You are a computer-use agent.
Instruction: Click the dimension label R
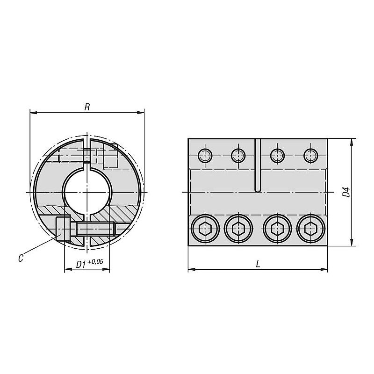pyautogui.click(x=87, y=107)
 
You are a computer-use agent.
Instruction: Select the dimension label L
pyautogui.click(x=258, y=264)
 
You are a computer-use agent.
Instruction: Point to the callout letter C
pyautogui.click(x=21, y=258)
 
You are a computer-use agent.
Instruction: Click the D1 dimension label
pyautogui.click(x=80, y=265)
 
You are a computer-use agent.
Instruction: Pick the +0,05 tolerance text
pyautogui.click(x=95, y=262)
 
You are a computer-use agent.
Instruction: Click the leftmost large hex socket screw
pyautogui.click(x=205, y=229)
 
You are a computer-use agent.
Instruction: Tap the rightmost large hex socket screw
pyautogui.click(x=311, y=229)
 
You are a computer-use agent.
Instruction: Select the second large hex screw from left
pyautogui.click(x=238, y=229)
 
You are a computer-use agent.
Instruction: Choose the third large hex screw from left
pyautogui.click(x=277, y=229)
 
